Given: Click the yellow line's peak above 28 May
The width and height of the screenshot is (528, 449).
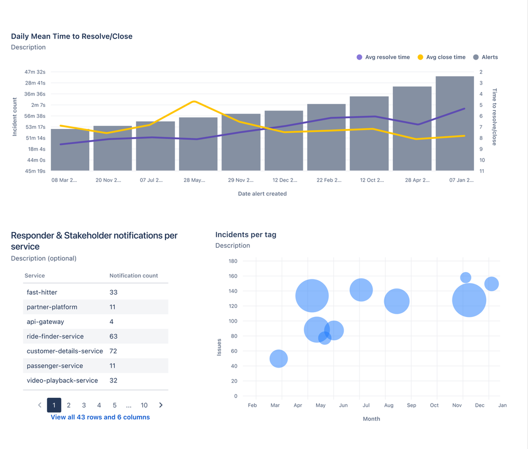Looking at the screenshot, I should coord(194,101).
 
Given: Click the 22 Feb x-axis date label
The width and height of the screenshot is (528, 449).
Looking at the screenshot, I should coord(329,180).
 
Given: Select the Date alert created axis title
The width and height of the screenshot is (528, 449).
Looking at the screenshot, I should coord(262,194).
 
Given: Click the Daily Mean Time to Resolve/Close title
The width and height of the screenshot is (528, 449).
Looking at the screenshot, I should coord(72,36).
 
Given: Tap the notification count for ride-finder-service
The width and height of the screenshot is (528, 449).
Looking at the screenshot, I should coord(114,336).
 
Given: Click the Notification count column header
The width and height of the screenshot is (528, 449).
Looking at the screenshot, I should coord(134,276).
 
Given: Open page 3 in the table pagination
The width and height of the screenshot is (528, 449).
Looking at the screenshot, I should coord(84,405).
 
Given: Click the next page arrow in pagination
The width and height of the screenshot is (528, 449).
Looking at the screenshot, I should coord(161,405).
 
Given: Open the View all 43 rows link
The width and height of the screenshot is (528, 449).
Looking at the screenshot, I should coord(100,417).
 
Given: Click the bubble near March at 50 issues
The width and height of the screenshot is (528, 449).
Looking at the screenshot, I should coord(279,359).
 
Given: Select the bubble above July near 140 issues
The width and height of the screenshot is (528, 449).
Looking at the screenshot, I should coord(361,289).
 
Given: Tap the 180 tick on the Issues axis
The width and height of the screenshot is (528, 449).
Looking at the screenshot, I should coord(233,261).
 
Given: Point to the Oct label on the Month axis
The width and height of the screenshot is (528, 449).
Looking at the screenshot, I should coord(434,406).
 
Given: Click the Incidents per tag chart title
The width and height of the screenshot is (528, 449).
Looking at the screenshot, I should coord(246,235).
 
